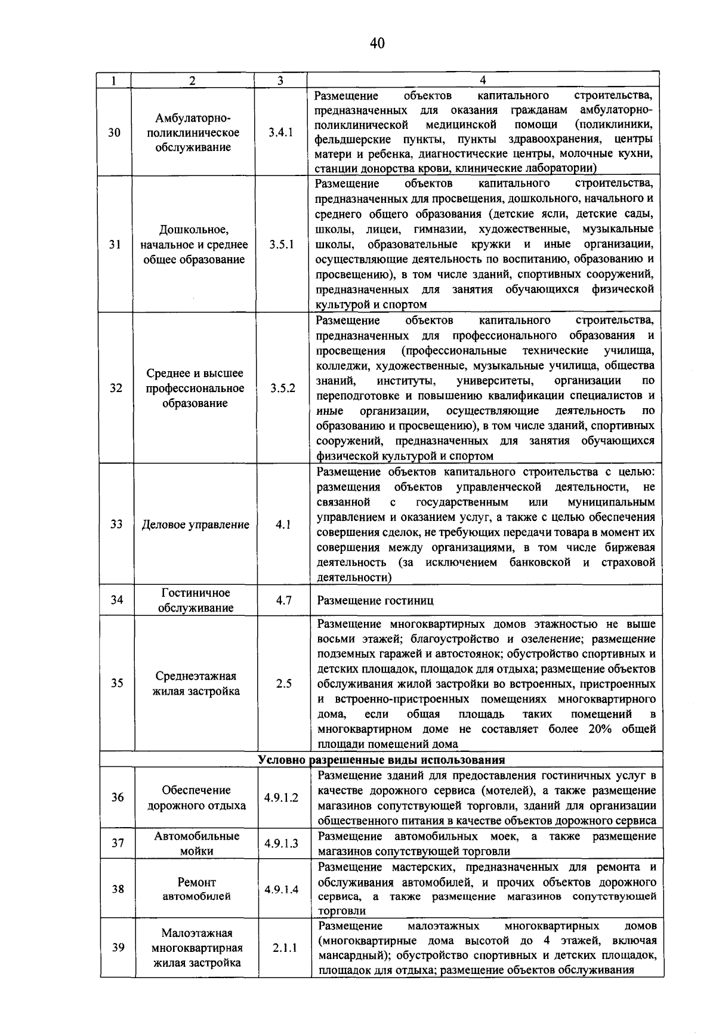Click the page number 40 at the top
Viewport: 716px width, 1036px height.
[x=377, y=43]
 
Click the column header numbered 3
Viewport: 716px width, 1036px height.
[x=280, y=81]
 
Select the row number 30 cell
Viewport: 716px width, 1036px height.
[x=115, y=132]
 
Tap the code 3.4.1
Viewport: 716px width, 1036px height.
[x=280, y=132]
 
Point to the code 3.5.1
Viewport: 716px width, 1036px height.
[x=281, y=245]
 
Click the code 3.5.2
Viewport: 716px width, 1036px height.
[x=282, y=388]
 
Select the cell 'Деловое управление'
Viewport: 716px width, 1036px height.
[x=195, y=525]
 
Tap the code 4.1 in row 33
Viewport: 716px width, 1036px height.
[x=283, y=525]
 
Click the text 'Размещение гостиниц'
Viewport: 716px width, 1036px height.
[x=375, y=600]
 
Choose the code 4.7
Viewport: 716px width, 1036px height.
[x=283, y=600]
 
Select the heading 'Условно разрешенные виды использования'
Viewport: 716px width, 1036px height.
[x=381, y=760]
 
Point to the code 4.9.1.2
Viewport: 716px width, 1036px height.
[x=282, y=798]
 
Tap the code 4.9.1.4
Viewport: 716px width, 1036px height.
[x=282, y=890]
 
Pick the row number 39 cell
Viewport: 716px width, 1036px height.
[x=118, y=948]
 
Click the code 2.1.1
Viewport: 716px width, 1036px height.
[x=285, y=948]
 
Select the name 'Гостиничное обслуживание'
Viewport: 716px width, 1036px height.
[x=196, y=600]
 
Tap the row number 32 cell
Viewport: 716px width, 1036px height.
[x=116, y=388]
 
